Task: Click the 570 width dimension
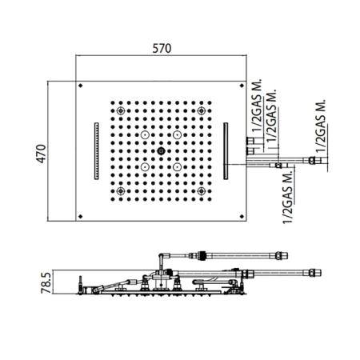[x=162, y=49]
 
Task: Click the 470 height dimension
[x=42, y=154]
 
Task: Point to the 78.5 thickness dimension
[x=46, y=282]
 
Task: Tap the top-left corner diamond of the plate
[x=81, y=86]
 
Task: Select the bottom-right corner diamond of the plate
[x=242, y=216]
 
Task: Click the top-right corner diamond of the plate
[x=242, y=86]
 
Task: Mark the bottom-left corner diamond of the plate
[x=81, y=216]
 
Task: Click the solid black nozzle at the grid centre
[x=161, y=151]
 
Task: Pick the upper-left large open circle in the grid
[x=145, y=135]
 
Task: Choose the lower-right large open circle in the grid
[x=177, y=167]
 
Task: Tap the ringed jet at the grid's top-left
[x=121, y=110]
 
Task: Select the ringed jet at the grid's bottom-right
[x=202, y=191]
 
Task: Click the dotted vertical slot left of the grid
[x=97, y=151]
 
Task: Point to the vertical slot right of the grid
[x=226, y=151]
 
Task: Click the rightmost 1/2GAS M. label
[x=321, y=126]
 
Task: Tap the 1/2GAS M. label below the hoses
[x=287, y=197]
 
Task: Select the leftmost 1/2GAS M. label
[x=257, y=106]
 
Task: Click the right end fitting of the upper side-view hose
[x=282, y=256]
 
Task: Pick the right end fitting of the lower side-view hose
[x=315, y=273]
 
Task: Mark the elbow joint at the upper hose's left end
[x=162, y=257]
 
